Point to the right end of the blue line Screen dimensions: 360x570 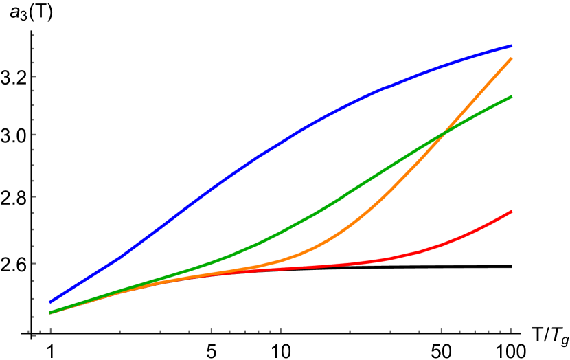[512, 46]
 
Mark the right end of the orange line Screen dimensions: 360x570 [512, 59]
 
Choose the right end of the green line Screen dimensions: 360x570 [512, 96]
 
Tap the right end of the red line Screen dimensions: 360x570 [512, 212]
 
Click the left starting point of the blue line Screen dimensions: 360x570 [50, 302]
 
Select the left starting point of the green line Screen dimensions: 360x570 [50, 313]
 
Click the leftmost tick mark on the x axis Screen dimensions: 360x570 [50, 330]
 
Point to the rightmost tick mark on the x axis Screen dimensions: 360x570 [510, 330]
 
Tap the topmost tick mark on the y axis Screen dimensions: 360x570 [33, 35]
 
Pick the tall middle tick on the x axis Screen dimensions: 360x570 [280, 330]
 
